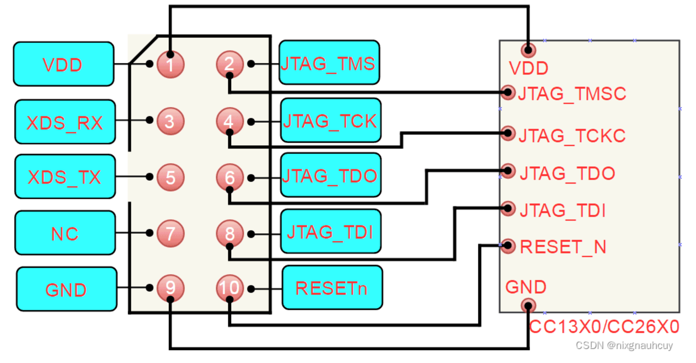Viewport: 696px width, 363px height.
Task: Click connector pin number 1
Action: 170,65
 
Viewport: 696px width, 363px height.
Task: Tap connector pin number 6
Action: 230,177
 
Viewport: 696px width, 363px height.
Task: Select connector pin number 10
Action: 230,288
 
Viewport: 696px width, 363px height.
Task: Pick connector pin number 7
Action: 170,233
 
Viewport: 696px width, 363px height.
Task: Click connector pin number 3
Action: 170,121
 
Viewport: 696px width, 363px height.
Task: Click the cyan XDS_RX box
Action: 65,122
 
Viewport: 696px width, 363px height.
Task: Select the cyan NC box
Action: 65,233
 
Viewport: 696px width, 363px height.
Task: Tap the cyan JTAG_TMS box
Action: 329,63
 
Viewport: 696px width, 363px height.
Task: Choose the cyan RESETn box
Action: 332,287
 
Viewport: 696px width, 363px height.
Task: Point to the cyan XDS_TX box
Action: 65,176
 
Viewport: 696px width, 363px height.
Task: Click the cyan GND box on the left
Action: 67,289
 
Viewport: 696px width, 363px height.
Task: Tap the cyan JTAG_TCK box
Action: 331,120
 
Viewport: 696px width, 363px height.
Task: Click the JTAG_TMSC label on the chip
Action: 572,94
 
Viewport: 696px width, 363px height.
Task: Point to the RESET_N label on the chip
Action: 563,247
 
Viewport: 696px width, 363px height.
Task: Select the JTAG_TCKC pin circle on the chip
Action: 508,133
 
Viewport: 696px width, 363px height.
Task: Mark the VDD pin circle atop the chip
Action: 528,50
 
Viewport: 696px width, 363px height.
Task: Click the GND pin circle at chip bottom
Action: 528,306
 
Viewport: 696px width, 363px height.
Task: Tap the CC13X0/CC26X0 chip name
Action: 604,327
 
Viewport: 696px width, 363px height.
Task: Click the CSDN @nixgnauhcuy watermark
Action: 624,345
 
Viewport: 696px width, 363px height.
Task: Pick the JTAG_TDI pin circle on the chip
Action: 508,209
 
